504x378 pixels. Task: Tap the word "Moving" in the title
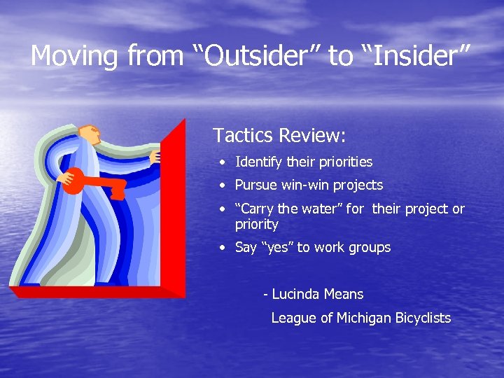[x=75, y=56]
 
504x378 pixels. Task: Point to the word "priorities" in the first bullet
[x=345, y=162]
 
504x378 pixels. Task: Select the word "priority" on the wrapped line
[x=256, y=225]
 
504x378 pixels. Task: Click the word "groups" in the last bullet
[x=368, y=248]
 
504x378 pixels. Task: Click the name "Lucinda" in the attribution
[x=295, y=294]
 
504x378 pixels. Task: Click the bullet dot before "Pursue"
[x=220, y=186]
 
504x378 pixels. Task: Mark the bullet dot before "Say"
[x=220, y=248]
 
